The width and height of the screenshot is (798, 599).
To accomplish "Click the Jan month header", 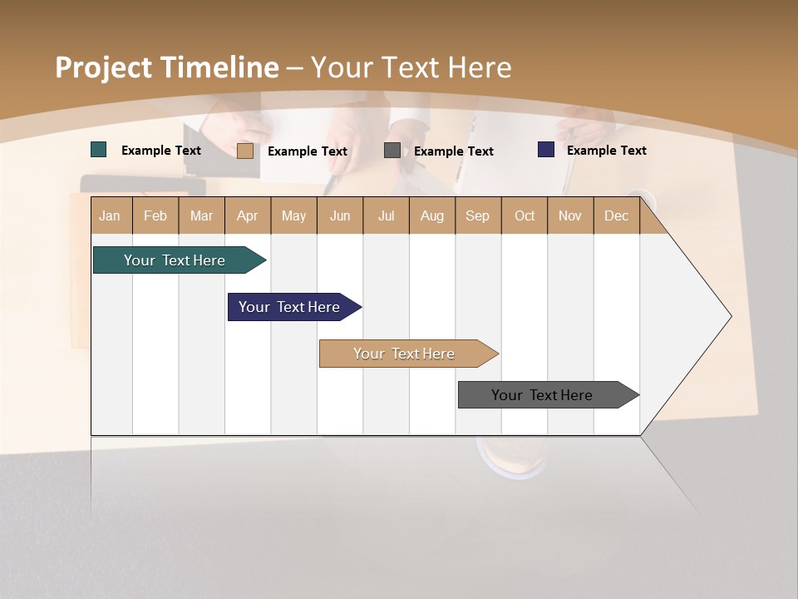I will click(x=111, y=215).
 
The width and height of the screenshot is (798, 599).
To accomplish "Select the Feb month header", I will click(x=155, y=215).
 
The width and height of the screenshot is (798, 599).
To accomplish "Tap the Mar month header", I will click(x=201, y=215).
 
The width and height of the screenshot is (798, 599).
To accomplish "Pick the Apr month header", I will click(x=248, y=215).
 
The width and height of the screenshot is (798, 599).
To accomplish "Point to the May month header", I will click(x=293, y=215).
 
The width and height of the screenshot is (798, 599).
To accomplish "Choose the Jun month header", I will click(x=340, y=215).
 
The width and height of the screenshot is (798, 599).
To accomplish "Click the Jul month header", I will click(x=386, y=215).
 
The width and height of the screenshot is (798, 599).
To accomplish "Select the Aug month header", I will click(x=432, y=215).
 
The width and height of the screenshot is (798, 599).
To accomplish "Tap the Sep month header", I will click(x=478, y=215).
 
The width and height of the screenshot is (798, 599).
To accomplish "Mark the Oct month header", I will click(x=525, y=215).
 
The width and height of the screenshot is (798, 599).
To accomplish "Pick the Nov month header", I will click(x=570, y=215).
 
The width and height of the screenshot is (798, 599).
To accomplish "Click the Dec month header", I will click(x=616, y=215).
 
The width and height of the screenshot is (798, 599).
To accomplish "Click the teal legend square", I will click(x=99, y=150).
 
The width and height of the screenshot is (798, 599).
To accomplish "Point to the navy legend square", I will click(x=546, y=150).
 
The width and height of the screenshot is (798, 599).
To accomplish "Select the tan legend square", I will click(x=245, y=151).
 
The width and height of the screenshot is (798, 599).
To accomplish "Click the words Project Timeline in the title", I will click(x=166, y=67).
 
